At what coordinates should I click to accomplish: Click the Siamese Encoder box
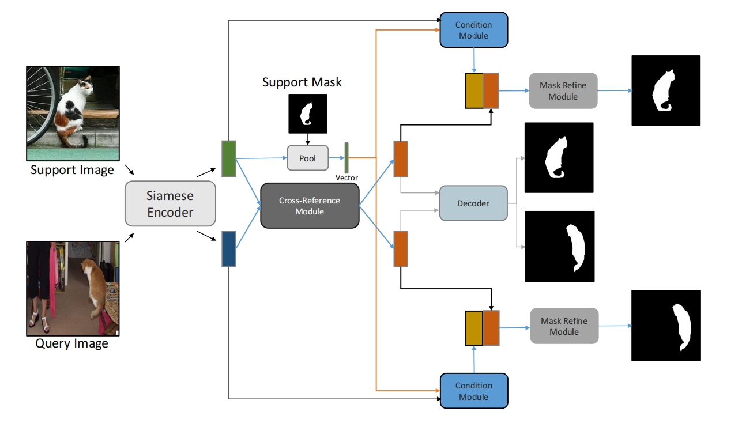click(x=170, y=203)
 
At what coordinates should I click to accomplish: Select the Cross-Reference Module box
click(x=310, y=206)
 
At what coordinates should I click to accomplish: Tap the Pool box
click(x=307, y=158)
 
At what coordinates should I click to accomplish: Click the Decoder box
click(x=473, y=203)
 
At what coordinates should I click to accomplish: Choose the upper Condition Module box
click(x=473, y=30)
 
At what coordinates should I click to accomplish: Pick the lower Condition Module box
click(x=473, y=391)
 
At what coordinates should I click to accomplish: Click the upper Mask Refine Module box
click(x=563, y=90)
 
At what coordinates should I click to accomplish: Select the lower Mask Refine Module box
click(x=564, y=326)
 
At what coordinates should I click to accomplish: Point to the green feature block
click(x=229, y=158)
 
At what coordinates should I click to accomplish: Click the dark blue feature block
click(x=229, y=248)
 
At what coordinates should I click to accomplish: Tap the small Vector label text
click(x=346, y=178)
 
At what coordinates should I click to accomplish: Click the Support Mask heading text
click(x=302, y=82)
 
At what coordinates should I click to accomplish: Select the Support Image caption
click(x=72, y=170)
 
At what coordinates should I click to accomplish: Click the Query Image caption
click(x=72, y=344)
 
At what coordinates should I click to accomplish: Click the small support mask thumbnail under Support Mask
click(x=307, y=113)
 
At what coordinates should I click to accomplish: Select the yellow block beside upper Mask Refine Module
click(x=474, y=90)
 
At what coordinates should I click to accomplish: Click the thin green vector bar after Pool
click(x=346, y=157)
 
